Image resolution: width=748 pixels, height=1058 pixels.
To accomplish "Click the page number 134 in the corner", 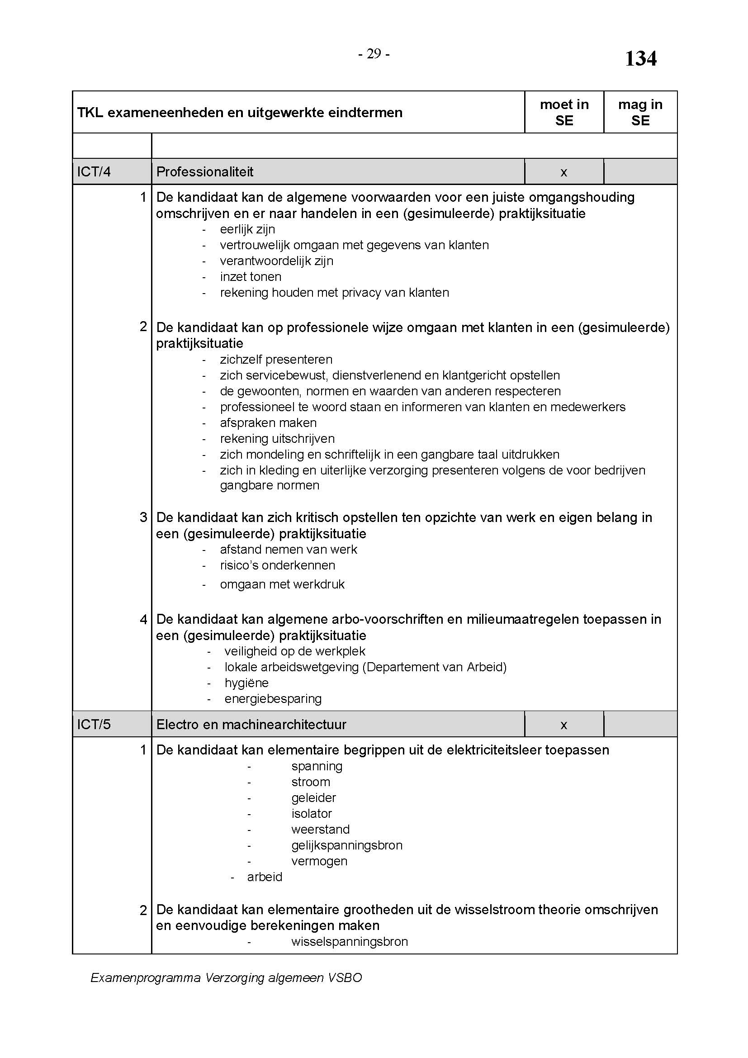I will pos(640,58).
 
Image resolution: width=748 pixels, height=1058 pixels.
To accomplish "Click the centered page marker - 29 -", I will pos(374,54).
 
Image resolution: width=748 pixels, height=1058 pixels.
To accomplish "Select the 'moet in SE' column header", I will pos(564,113).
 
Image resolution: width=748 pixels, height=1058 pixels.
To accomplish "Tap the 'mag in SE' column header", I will pos(640,113).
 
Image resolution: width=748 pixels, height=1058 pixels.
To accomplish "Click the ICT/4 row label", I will pos(94,172).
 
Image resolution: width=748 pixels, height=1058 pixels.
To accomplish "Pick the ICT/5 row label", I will pos(94,724).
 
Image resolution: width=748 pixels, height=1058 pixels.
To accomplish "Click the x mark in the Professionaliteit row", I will pos(563,173).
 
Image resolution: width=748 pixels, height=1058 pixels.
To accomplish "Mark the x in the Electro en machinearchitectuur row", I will pos(563,725).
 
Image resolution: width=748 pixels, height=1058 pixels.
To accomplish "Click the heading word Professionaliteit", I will pos(205,172).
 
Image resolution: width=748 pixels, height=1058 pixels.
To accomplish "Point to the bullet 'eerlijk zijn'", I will pos(247,229).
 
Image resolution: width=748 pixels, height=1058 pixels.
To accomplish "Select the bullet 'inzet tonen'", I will pos(251,276).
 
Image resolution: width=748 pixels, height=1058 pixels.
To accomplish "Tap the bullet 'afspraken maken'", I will pos(268,422).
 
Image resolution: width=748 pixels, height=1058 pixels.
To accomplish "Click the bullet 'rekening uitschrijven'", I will pos(277,438).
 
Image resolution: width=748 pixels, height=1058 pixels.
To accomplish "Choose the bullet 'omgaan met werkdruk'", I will pos(282,584).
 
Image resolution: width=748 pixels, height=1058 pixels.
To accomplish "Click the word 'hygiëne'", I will pos(246,683).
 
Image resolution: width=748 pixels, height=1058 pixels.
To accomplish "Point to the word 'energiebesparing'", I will pos(273,698).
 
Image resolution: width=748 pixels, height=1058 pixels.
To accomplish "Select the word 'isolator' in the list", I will pos(311,813).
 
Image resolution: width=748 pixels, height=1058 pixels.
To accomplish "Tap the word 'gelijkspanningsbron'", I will pos(347,845).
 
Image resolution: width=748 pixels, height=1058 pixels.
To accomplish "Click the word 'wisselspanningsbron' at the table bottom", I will pos(350,941).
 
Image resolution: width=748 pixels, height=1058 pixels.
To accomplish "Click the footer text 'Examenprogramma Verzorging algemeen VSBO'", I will pos(226,977).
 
